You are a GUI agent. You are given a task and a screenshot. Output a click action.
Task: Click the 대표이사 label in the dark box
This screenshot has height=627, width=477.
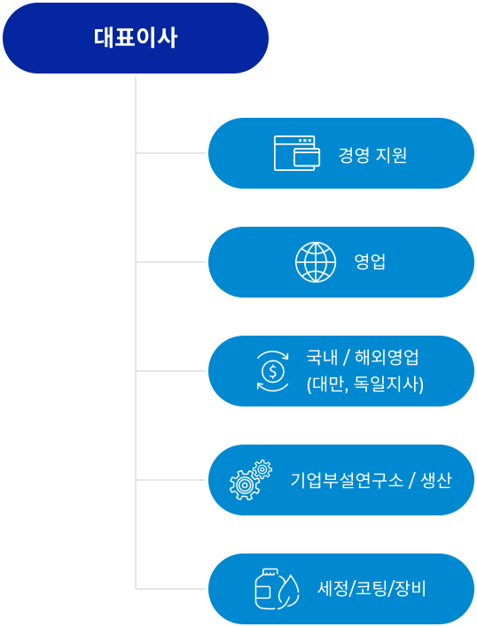[136, 38]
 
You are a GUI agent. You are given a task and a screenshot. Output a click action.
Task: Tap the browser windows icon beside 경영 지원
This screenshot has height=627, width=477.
[297, 153]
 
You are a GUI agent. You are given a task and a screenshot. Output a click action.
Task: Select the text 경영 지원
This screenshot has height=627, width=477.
[372, 155]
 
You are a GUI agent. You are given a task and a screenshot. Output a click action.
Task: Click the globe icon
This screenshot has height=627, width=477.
[316, 262]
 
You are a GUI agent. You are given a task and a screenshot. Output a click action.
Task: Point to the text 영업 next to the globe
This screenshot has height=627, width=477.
[370, 262]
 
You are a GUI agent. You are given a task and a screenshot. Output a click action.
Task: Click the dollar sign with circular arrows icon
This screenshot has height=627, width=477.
[272, 371]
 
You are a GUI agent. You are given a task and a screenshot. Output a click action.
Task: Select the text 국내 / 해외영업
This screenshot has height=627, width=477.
[363, 357]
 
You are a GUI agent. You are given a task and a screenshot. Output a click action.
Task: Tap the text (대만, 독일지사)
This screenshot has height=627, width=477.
[365, 384]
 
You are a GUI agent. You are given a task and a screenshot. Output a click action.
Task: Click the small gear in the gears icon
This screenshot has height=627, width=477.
[262, 469]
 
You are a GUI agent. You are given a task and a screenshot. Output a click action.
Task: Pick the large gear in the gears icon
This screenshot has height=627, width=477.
[244, 485]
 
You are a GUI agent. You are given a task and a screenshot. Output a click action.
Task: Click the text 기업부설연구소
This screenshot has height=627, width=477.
[347, 480]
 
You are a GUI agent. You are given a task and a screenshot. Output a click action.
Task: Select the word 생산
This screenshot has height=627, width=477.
[436, 480]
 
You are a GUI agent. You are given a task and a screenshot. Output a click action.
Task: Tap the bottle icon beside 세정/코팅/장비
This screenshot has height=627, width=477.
[267, 589]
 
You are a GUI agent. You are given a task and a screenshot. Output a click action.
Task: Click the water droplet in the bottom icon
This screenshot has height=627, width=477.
[288, 592]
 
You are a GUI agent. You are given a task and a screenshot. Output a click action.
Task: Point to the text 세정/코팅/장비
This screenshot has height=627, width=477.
[371, 589]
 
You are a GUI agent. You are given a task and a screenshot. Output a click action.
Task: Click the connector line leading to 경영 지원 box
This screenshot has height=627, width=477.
[171, 153]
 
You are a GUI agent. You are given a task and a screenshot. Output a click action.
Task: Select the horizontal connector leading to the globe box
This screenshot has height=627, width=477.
[171, 262]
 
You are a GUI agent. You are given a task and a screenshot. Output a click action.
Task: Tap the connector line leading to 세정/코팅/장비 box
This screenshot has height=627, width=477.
[171, 589]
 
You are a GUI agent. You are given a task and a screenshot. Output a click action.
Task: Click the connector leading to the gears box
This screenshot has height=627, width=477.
[171, 480]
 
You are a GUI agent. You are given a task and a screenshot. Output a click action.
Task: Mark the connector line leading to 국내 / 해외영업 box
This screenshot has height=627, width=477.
[171, 371]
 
